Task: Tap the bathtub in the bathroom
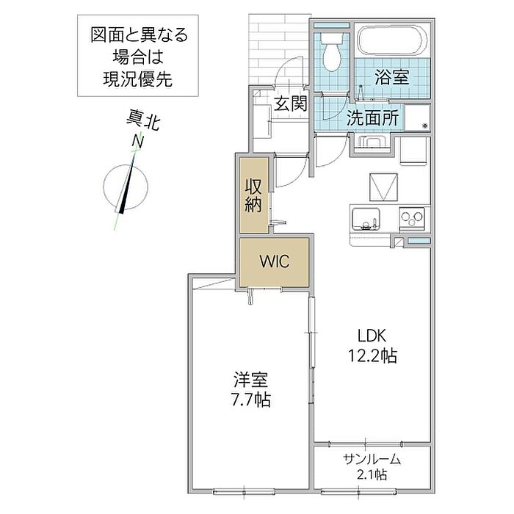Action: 392,41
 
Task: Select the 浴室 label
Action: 391,77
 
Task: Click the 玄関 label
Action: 291,104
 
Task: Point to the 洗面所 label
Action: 373,118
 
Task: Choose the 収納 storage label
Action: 254,196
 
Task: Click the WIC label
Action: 275,261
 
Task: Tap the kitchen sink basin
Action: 366,220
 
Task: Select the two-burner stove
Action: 412,219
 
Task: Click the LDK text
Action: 372,336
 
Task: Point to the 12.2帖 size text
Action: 372,355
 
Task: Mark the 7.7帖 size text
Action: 251,399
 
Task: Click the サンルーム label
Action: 372,459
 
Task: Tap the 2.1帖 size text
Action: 372,474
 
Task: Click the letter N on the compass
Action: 138,141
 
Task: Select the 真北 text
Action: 143,120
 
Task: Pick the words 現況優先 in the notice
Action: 138,79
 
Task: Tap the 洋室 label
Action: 251,380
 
